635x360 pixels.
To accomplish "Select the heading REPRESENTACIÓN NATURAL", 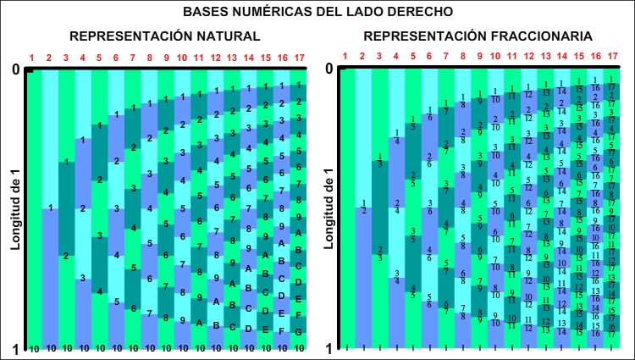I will coord(164,36).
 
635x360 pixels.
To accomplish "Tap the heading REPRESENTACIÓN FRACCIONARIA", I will coord(478,36).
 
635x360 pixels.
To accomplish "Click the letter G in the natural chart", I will coord(299,332).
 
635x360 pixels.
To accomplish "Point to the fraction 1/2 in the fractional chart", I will coord(363,208).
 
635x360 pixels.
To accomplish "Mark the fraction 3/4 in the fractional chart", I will coord(397,276).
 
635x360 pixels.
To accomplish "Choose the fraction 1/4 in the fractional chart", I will coord(397,136).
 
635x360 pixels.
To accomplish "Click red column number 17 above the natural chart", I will coord(299,58).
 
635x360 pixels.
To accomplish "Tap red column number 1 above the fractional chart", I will coord(345,58).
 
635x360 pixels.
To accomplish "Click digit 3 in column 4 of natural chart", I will coord(82,278).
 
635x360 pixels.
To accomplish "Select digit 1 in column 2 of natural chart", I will coord(51,208).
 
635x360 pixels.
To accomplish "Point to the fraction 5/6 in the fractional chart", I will coord(430,301).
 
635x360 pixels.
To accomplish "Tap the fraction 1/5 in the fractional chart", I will coord(413,123).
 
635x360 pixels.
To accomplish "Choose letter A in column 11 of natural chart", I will coord(199,322).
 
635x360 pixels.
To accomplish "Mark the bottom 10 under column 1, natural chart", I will coord(34,348).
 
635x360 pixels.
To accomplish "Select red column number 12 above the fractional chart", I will coord(528,58).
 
